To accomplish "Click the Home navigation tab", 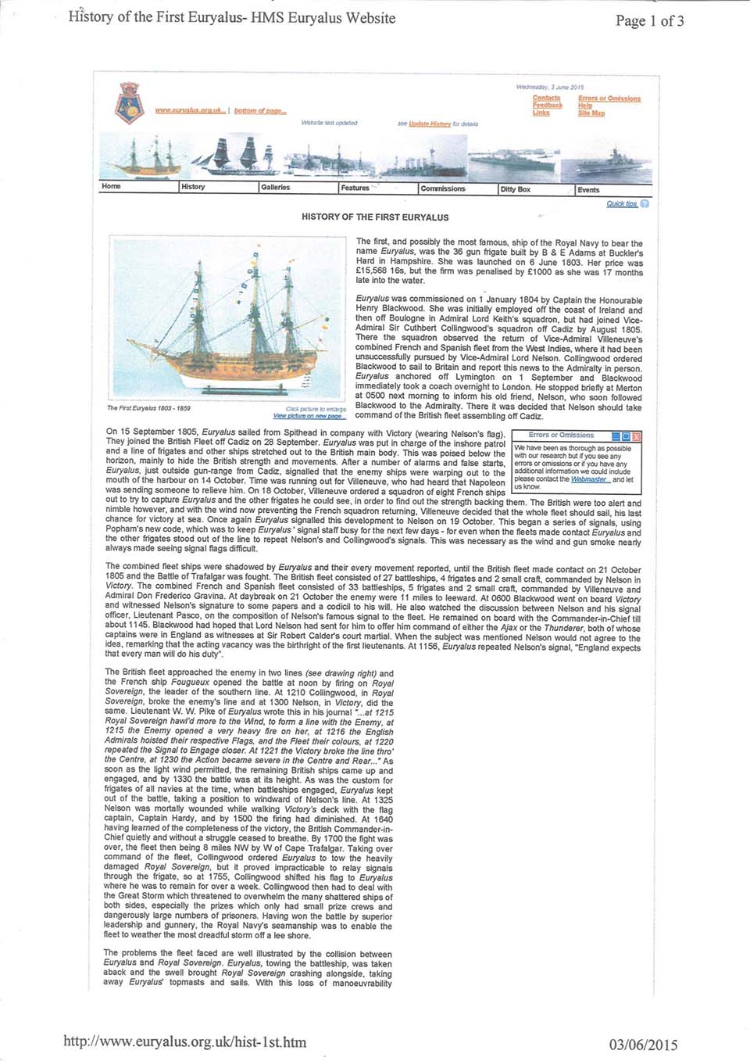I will click(x=111, y=187).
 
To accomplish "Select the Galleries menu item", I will click(x=275, y=188).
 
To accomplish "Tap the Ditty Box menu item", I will click(x=515, y=189).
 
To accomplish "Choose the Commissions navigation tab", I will click(x=442, y=188).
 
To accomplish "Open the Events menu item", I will click(x=588, y=190).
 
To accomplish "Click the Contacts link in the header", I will click(x=546, y=99).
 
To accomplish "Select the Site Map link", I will click(x=591, y=113).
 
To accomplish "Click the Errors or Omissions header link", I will click(x=609, y=99).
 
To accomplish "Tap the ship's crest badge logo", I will click(x=128, y=103).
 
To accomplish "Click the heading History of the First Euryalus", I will click(x=375, y=217).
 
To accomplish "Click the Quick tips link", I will click(x=622, y=204).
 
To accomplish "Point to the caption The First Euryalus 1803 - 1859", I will click(x=148, y=408).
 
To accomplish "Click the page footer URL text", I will click(x=184, y=1041).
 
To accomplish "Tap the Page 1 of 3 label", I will click(x=649, y=21).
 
